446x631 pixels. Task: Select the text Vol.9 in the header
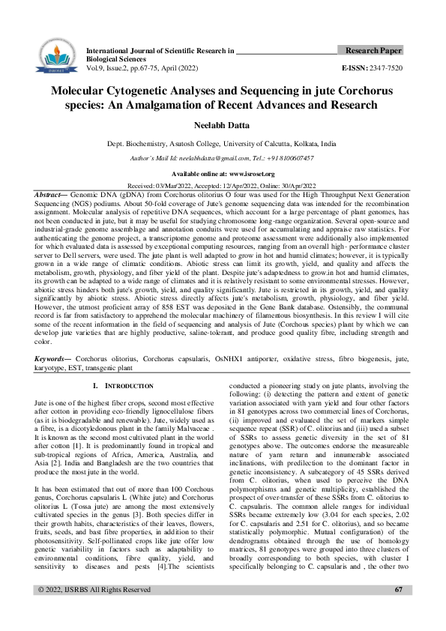tap(97, 67)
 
